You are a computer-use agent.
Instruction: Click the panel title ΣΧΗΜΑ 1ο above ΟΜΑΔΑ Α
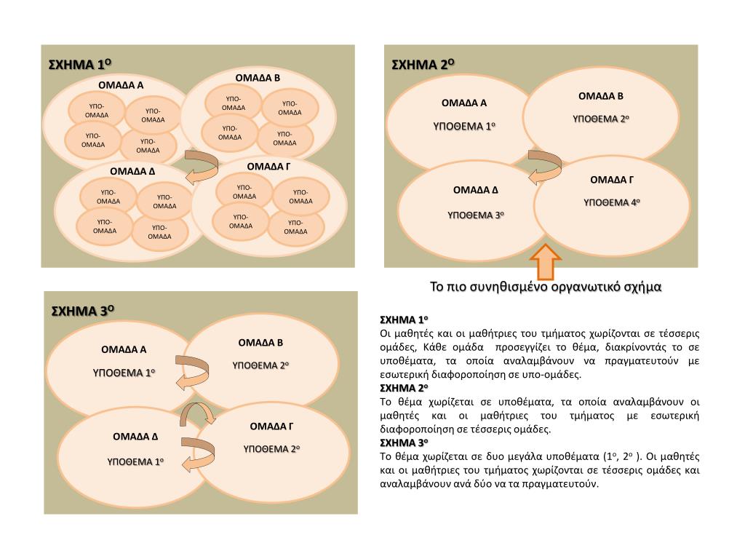[x=79, y=65]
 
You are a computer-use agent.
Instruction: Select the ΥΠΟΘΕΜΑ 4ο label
[x=611, y=202]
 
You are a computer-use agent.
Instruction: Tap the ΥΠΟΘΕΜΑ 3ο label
[x=475, y=215]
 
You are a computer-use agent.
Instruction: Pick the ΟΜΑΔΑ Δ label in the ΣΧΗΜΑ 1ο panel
[x=132, y=172]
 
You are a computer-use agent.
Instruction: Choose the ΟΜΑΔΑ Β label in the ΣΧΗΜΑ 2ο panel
[x=601, y=96]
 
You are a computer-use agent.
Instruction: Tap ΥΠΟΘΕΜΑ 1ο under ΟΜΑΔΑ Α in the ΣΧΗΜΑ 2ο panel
[x=464, y=126]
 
